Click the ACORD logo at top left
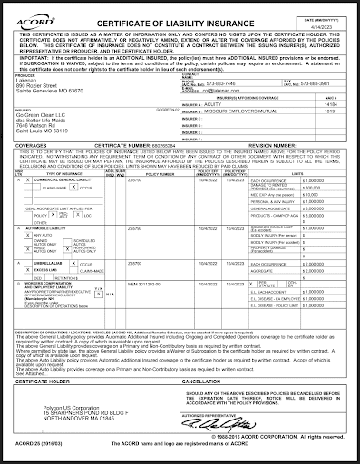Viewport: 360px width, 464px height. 27,11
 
